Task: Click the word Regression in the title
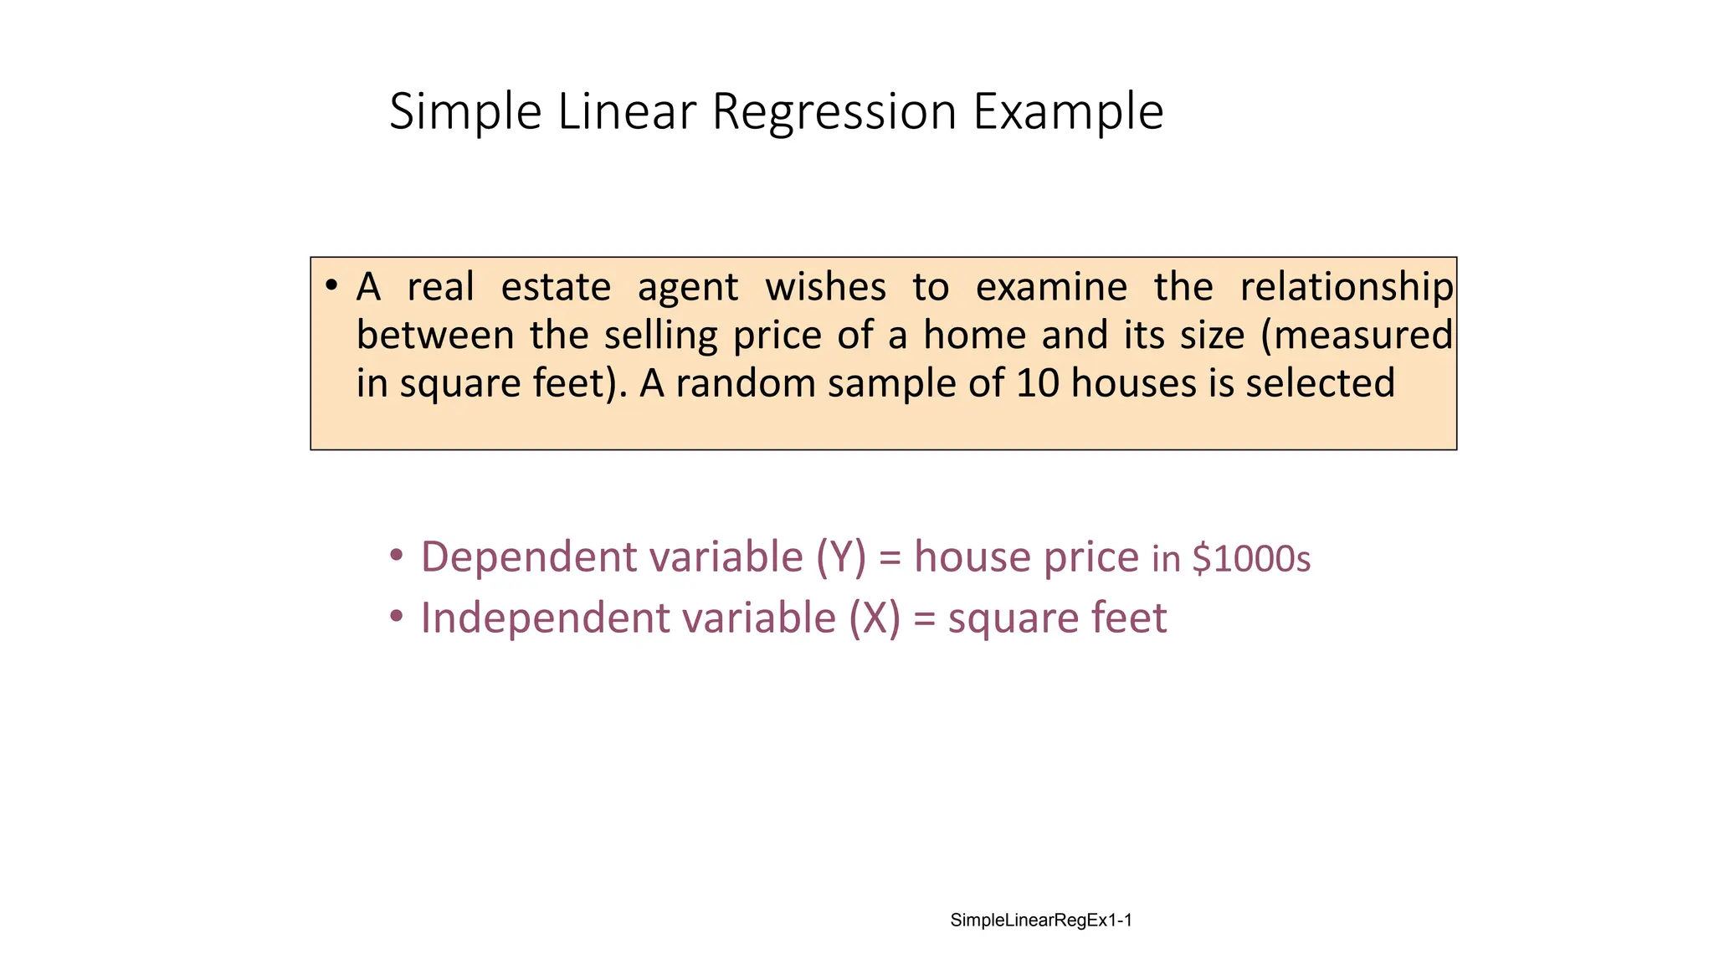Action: click(x=834, y=111)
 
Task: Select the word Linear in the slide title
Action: click(x=627, y=111)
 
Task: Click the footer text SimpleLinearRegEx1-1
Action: click(x=1041, y=920)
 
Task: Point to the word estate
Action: click(x=556, y=287)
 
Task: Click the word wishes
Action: click(x=825, y=287)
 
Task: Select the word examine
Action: click(x=1051, y=287)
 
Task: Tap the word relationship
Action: click(x=1347, y=287)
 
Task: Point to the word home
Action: click(x=974, y=335)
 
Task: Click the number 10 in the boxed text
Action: click(x=1038, y=383)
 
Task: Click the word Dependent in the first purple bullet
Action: click(x=528, y=558)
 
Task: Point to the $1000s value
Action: click(x=1251, y=559)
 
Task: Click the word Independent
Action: click(x=545, y=618)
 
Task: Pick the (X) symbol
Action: click(x=875, y=618)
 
